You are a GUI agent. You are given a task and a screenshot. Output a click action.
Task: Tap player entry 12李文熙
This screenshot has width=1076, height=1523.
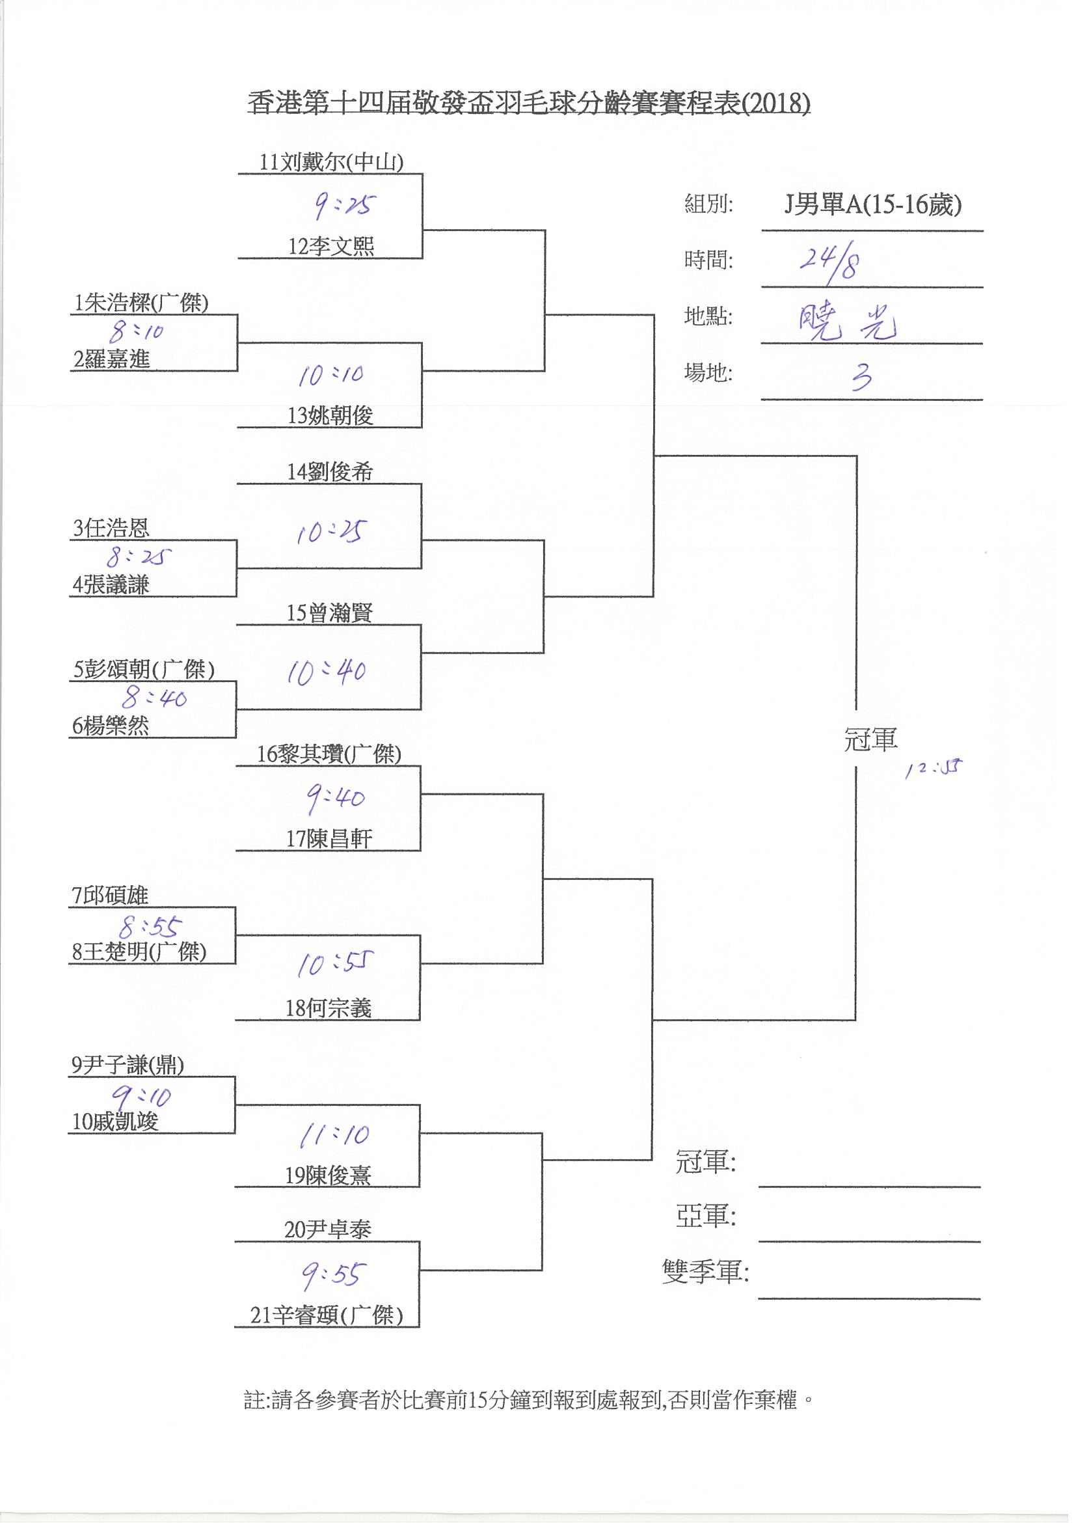tap(331, 247)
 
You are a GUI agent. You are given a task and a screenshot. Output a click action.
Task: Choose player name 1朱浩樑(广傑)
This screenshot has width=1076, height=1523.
tap(141, 303)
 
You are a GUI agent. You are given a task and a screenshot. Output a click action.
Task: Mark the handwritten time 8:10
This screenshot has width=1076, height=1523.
tap(137, 331)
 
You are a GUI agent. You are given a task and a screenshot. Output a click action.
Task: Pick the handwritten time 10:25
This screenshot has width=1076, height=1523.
tap(329, 532)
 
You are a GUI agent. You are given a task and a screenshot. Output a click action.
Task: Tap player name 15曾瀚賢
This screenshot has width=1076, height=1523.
tap(329, 613)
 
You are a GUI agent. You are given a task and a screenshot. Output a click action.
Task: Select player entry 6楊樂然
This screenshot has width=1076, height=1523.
tap(110, 726)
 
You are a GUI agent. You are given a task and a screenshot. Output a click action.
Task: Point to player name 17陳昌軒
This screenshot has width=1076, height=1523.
tap(329, 839)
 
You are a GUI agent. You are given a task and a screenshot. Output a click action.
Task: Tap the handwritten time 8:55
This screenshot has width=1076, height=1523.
tap(150, 927)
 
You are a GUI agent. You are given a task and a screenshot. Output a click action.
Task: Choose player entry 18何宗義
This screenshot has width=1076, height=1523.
tap(328, 1008)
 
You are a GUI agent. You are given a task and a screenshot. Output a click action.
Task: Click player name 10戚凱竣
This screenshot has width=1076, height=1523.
tap(114, 1121)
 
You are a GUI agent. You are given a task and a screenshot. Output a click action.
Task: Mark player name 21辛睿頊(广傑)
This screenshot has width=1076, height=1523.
tap(326, 1315)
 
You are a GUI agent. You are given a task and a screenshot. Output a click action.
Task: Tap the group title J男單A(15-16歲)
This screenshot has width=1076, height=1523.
tap(872, 206)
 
